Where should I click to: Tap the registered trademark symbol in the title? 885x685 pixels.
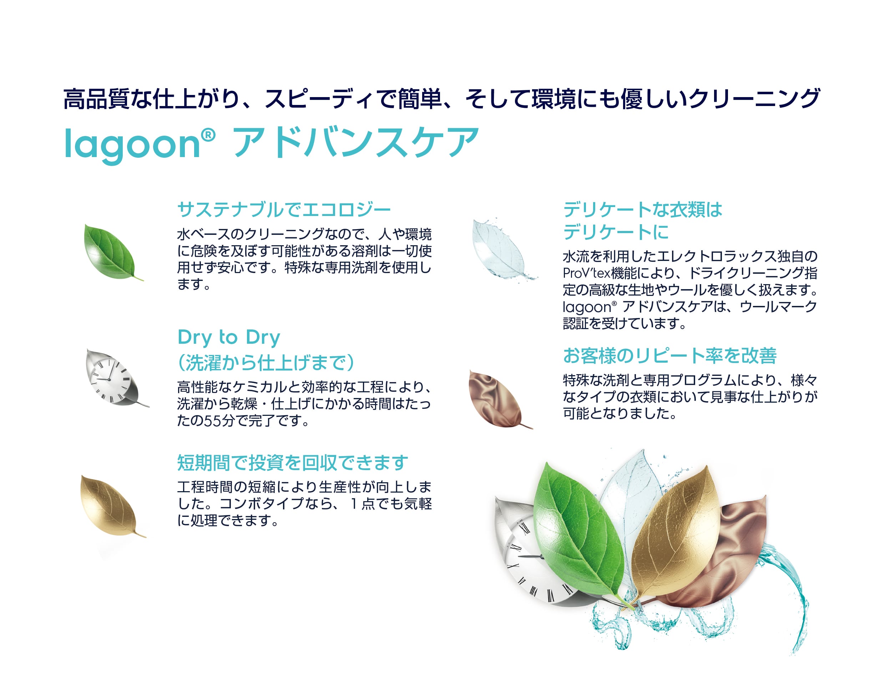pos(208,135)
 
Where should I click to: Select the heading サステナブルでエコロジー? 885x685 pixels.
pos(284,210)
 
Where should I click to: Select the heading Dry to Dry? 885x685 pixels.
pos(229,338)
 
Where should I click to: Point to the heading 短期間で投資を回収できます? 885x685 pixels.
pos(293,463)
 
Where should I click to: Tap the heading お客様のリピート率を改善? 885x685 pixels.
pos(669,356)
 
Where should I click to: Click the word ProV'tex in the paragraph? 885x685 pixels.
pos(586,273)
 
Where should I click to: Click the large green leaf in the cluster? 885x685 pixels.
pos(581,535)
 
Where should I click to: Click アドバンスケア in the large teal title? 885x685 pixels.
pos(355,142)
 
